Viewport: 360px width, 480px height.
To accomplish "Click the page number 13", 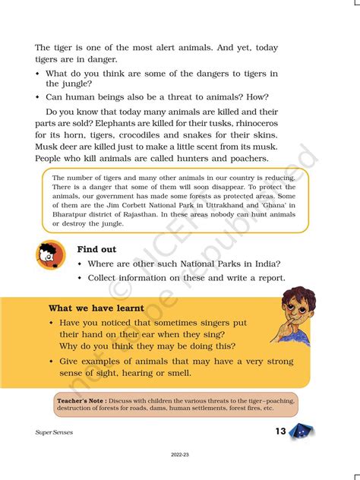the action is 280,431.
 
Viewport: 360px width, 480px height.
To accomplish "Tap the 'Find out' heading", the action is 98,249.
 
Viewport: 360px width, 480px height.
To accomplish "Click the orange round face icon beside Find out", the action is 51,255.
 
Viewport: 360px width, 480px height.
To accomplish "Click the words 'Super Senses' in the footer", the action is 55,433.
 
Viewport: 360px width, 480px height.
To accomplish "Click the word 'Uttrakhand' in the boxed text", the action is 216,204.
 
